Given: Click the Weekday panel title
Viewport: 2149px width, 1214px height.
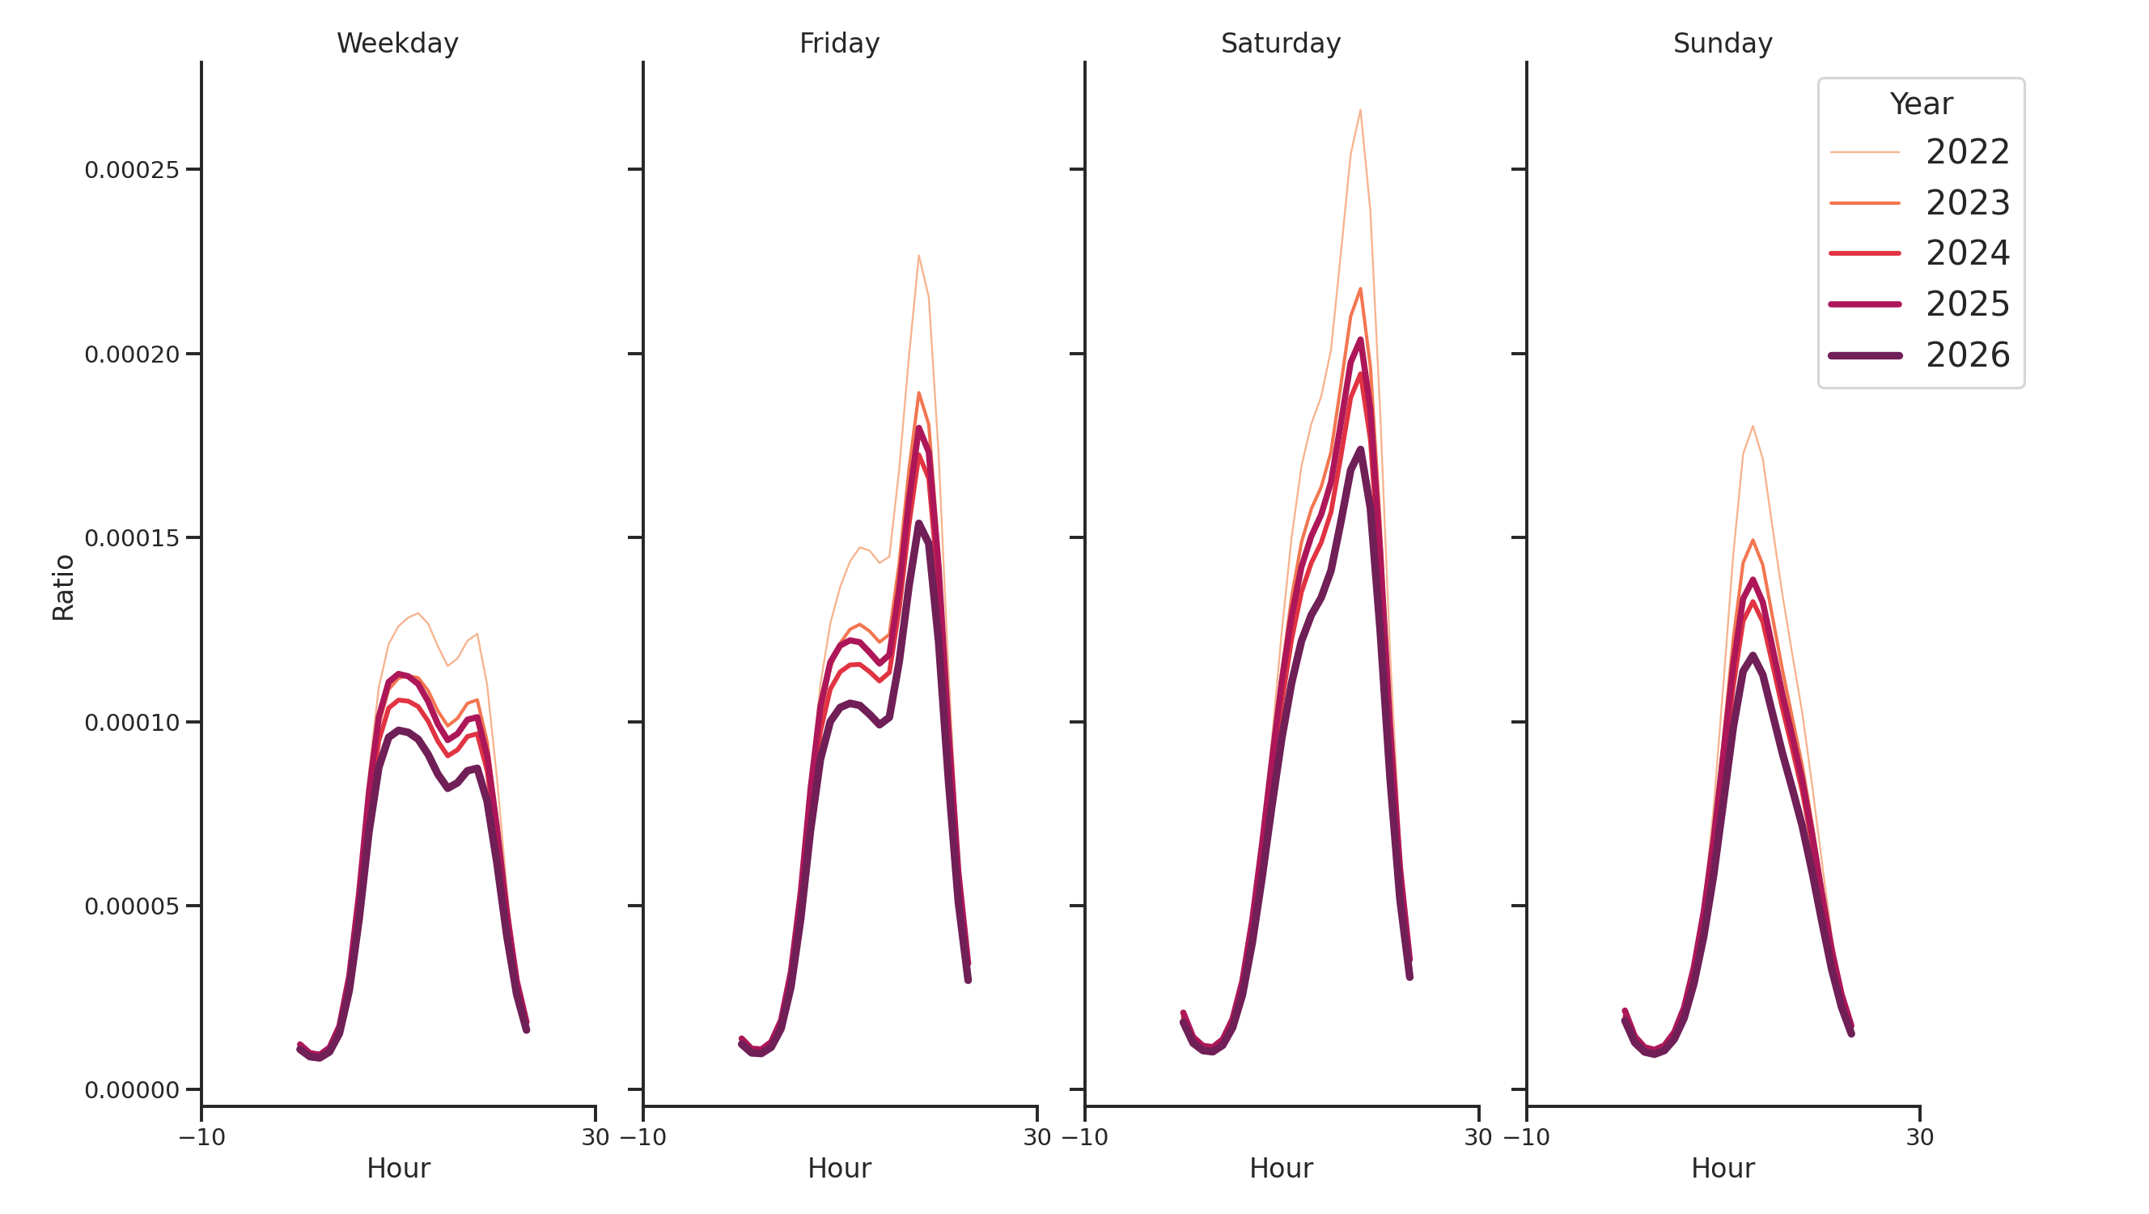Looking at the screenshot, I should (397, 44).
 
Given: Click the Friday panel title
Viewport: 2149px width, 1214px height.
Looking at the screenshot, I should (839, 44).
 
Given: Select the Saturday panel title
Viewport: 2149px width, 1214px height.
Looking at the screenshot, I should (1281, 44).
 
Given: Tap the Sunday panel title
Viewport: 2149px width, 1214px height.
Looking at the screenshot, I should (1723, 44).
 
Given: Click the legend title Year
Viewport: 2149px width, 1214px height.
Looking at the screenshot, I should (1920, 104).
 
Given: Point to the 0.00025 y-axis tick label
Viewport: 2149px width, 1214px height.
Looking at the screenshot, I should (132, 170).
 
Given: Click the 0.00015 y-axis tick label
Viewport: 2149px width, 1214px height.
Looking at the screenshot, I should (132, 538).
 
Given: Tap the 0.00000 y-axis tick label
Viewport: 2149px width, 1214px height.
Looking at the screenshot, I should (132, 1090).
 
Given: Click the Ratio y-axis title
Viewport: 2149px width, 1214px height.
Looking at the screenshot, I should (63, 588).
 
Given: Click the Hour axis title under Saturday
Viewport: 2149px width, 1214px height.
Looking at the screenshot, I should (1281, 1168).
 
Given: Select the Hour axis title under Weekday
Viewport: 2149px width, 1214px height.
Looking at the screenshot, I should (398, 1168).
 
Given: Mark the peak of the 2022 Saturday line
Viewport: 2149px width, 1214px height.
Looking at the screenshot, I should (1360, 110).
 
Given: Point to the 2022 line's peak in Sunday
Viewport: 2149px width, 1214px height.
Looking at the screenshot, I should (1752, 427).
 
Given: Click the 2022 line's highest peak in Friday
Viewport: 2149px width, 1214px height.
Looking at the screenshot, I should (918, 255).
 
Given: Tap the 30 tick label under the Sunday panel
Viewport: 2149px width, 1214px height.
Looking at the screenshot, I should (1919, 1137).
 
